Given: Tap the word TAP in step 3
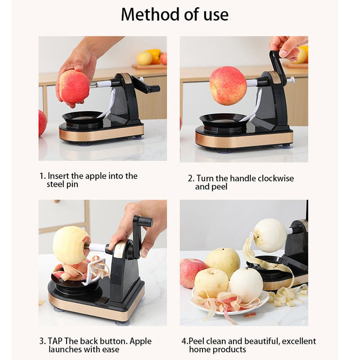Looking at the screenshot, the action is (55, 341).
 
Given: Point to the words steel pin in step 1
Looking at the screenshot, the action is (63, 184).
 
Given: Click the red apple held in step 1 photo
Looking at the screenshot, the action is (74, 87).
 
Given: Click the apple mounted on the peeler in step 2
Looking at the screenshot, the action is (228, 85).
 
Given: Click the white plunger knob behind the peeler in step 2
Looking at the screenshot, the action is (292, 81).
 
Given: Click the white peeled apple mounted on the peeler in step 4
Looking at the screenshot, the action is (270, 235).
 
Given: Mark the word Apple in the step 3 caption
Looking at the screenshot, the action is (140, 342).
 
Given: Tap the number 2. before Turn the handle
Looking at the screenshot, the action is (191, 178).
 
